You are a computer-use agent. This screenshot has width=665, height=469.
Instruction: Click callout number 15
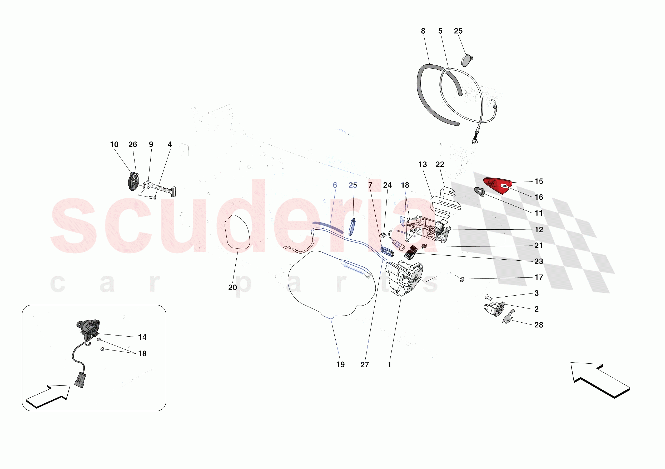[538, 181]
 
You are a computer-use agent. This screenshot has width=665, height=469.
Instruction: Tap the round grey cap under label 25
[466, 60]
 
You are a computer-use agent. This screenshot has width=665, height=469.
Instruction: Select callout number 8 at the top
[423, 31]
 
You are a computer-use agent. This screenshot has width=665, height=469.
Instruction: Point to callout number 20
[232, 287]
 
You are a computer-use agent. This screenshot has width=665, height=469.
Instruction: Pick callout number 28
[538, 325]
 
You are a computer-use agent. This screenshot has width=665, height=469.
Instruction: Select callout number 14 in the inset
[142, 337]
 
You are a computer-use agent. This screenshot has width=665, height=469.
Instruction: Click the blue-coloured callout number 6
[335, 185]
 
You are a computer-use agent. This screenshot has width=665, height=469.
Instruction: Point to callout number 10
[114, 144]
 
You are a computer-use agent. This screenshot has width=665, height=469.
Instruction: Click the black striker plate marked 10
[133, 181]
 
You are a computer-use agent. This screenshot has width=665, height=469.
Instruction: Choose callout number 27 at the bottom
[365, 365]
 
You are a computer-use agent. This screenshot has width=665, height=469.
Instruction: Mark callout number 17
[538, 277]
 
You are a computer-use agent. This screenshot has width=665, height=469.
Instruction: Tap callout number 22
[440, 164]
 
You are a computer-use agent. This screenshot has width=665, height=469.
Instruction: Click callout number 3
[537, 293]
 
